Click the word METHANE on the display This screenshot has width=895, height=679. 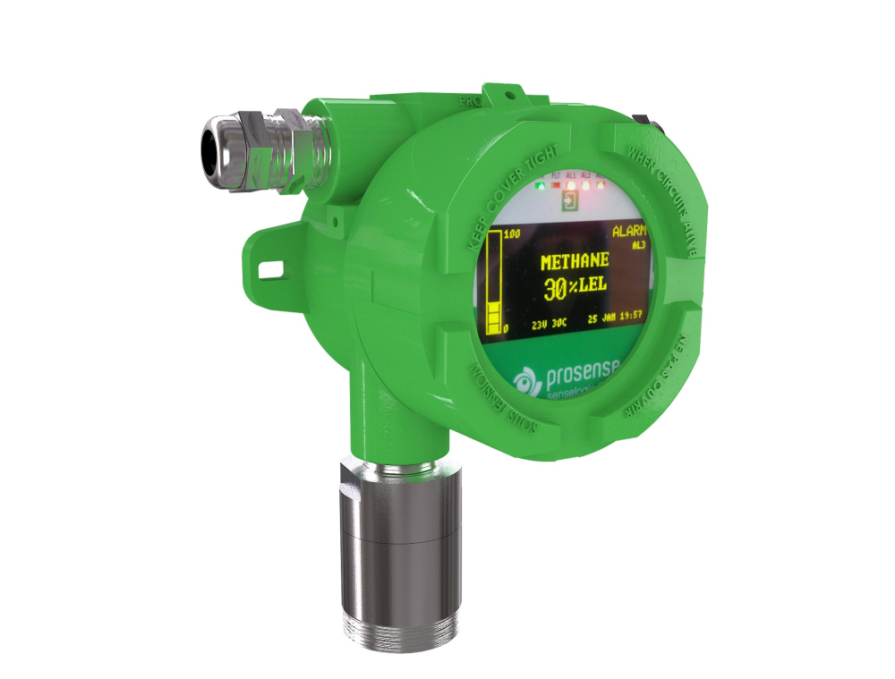coord(575,261)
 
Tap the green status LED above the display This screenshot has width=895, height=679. coord(540,187)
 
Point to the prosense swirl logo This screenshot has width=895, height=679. coord(522,383)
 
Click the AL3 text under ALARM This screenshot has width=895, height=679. coord(637,242)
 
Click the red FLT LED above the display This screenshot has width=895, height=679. coord(556,185)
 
